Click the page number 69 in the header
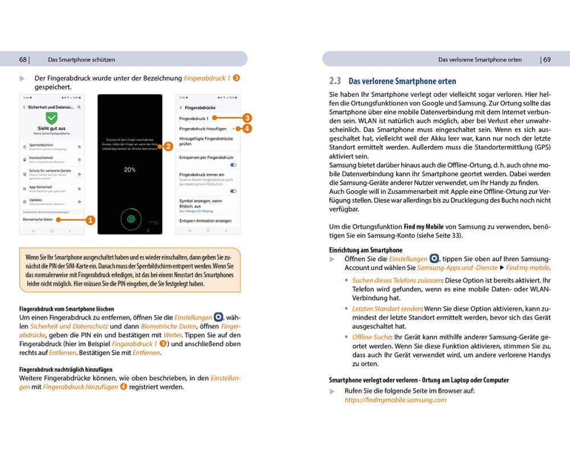pos(547,59)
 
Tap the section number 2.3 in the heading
pos(335,82)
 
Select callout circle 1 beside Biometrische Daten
pos(90,219)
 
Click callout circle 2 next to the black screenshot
pos(168,146)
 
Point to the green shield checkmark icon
pos(52,118)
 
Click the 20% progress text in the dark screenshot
pos(130,170)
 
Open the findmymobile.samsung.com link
pos(396,400)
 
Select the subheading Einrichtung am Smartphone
pos(365,250)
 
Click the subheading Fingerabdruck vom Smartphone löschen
pos(67,309)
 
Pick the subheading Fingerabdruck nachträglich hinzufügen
pos(66,369)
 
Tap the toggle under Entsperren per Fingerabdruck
pos(233,165)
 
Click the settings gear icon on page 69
pos(434,259)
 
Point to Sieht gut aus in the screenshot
pos(52,129)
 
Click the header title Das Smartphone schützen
pos(82,59)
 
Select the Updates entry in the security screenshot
pos(36,200)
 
